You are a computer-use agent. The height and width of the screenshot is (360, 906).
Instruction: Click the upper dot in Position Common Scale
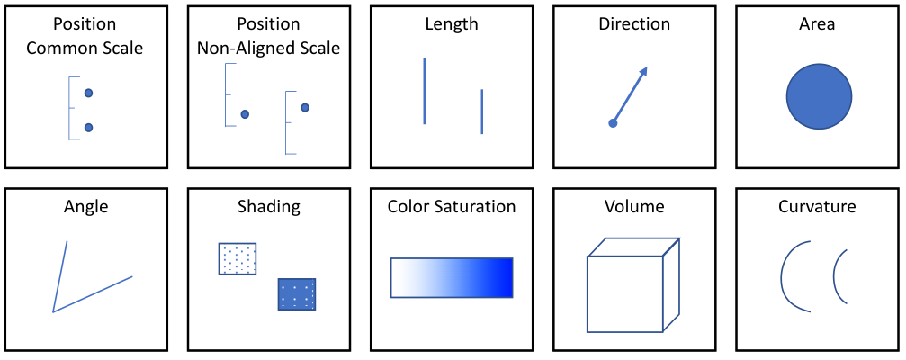tap(88, 93)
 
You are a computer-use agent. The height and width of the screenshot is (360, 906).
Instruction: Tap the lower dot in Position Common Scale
tap(88, 128)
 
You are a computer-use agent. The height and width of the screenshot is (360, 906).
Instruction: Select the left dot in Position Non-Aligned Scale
tap(245, 114)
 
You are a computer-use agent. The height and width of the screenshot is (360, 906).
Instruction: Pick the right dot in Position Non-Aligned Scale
tap(305, 107)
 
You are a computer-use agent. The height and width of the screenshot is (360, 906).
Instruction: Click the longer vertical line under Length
tap(424, 91)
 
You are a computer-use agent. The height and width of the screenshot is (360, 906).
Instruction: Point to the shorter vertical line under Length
tap(482, 112)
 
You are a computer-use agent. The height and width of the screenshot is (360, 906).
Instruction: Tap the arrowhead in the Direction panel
tap(643, 71)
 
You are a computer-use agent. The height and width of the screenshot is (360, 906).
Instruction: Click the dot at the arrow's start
tap(613, 123)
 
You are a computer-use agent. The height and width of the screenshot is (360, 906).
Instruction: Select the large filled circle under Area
tap(820, 96)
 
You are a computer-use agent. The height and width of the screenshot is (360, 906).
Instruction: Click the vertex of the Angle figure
tap(53, 312)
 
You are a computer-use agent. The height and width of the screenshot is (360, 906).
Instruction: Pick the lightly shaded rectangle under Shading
tap(238, 258)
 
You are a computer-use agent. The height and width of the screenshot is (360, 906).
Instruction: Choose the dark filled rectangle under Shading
tap(297, 294)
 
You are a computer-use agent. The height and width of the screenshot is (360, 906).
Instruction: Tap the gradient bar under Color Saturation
tap(452, 277)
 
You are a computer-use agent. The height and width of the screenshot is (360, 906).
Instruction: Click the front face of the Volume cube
tap(624, 294)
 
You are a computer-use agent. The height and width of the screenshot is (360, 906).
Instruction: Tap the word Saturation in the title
tap(476, 206)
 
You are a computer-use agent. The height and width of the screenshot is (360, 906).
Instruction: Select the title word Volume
tap(634, 206)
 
